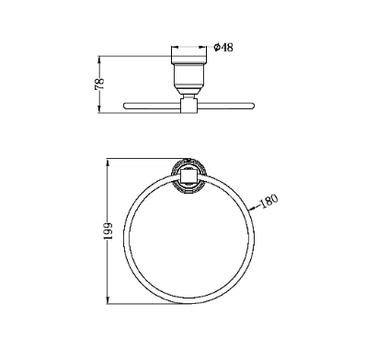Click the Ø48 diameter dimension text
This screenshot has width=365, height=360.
click(x=223, y=48)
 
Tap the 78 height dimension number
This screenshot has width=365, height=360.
click(x=99, y=84)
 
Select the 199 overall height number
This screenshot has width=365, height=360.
click(x=108, y=231)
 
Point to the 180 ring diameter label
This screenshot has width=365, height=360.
click(x=268, y=201)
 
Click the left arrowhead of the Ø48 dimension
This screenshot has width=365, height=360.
click(x=175, y=48)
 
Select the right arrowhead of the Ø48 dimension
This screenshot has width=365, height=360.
click(x=203, y=48)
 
